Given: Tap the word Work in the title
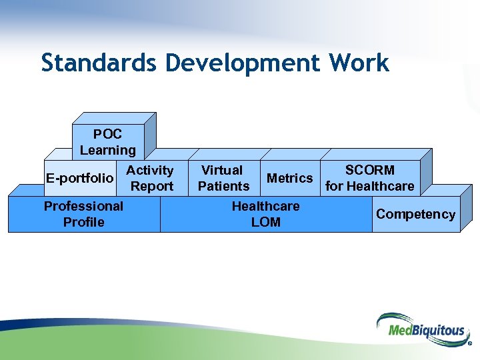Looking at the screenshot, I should pyautogui.click(x=361, y=63).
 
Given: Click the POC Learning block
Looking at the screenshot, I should pyautogui.click(x=107, y=142).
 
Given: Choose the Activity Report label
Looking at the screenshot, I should pyautogui.click(x=151, y=179).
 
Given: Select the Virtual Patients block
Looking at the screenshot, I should pyautogui.click(x=223, y=178).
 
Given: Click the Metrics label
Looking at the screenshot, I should pyautogui.click(x=289, y=178).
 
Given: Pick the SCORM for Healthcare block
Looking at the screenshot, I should pyautogui.click(x=369, y=178).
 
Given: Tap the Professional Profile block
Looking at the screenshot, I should pyautogui.click(x=83, y=214).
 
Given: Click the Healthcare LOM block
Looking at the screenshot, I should pyautogui.click(x=265, y=214).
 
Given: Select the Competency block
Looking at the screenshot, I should pyautogui.click(x=415, y=214).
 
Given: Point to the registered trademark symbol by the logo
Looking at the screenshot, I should pyautogui.click(x=470, y=345).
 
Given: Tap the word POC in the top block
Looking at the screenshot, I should pyautogui.click(x=107, y=135).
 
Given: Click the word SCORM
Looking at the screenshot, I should pyautogui.click(x=369, y=171).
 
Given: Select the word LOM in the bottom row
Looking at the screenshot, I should pyautogui.click(x=265, y=222).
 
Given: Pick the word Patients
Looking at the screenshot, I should pyautogui.click(x=223, y=186).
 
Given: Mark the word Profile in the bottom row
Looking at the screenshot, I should pyautogui.click(x=83, y=222).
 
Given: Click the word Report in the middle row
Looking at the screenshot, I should pyautogui.click(x=152, y=187).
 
